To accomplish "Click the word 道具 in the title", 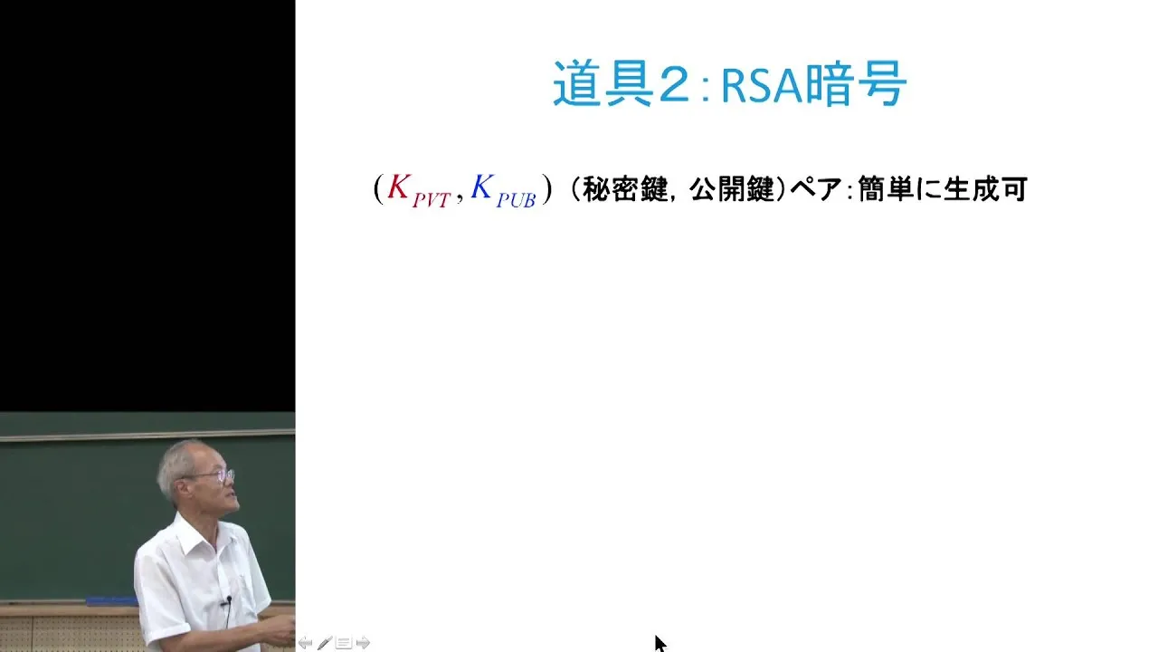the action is (603, 83).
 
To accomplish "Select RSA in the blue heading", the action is (763, 84).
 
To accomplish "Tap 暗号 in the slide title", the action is (856, 83).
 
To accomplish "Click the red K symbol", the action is (399, 187).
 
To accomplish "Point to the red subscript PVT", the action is (432, 200).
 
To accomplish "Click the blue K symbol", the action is (481, 187).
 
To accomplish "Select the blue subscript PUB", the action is (516, 200).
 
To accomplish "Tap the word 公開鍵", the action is (732, 189).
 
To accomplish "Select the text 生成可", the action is (985, 189).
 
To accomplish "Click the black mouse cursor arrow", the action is (660, 643).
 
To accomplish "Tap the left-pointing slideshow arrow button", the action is (305, 643).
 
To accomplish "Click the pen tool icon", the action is (325, 643).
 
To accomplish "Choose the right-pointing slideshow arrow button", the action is (363, 643).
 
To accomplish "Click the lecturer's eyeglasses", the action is (216, 475).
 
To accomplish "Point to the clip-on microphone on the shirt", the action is (228, 600).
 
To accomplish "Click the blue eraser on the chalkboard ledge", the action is (112, 600).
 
